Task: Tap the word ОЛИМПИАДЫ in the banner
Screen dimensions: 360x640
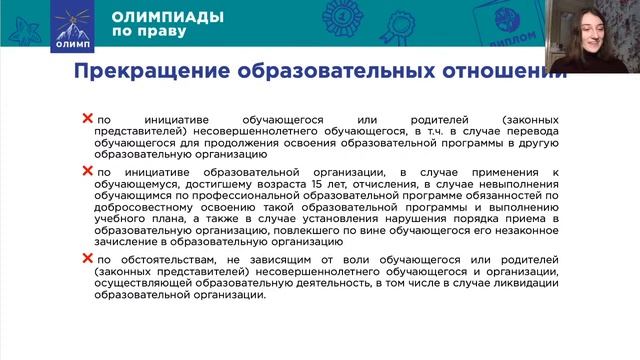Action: tap(154, 17)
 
